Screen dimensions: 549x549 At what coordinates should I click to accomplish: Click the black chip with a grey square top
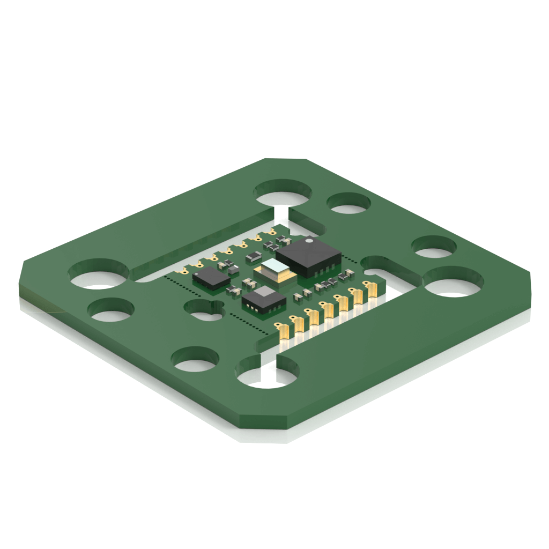click(x=263, y=298)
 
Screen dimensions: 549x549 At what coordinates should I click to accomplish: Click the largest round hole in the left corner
click(x=99, y=273)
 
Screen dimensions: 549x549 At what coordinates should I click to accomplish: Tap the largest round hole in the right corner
click(x=453, y=281)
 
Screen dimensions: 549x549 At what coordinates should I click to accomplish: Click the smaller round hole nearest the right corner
click(x=434, y=247)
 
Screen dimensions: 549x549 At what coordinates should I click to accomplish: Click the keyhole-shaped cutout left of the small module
click(x=203, y=309)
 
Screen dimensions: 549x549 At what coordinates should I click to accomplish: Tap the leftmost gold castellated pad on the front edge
click(x=284, y=331)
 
